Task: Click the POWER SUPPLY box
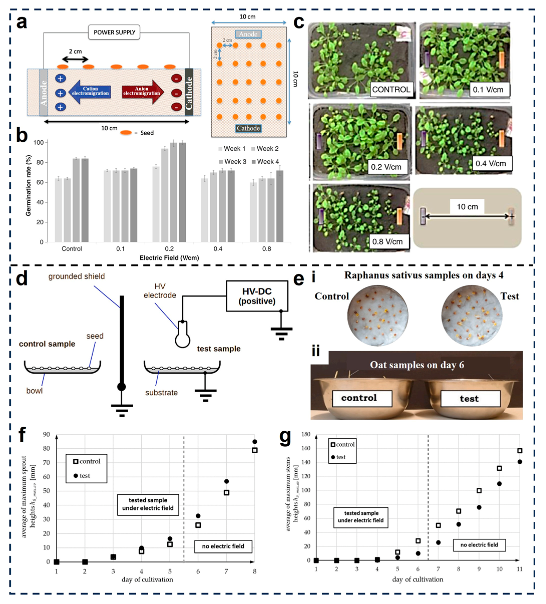(114, 32)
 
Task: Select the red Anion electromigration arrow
(143, 91)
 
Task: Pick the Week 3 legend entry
(232, 161)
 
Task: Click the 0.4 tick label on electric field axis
(218, 249)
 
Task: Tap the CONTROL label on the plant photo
(391, 89)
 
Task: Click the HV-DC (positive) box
(257, 296)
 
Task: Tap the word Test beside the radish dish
(509, 296)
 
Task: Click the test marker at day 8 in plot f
(254, 442)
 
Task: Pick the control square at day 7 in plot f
(226, 493)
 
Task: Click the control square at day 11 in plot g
(520, 451)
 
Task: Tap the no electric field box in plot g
(479, 545)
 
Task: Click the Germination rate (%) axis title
(29, 185)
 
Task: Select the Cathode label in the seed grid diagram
(248, 128)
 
